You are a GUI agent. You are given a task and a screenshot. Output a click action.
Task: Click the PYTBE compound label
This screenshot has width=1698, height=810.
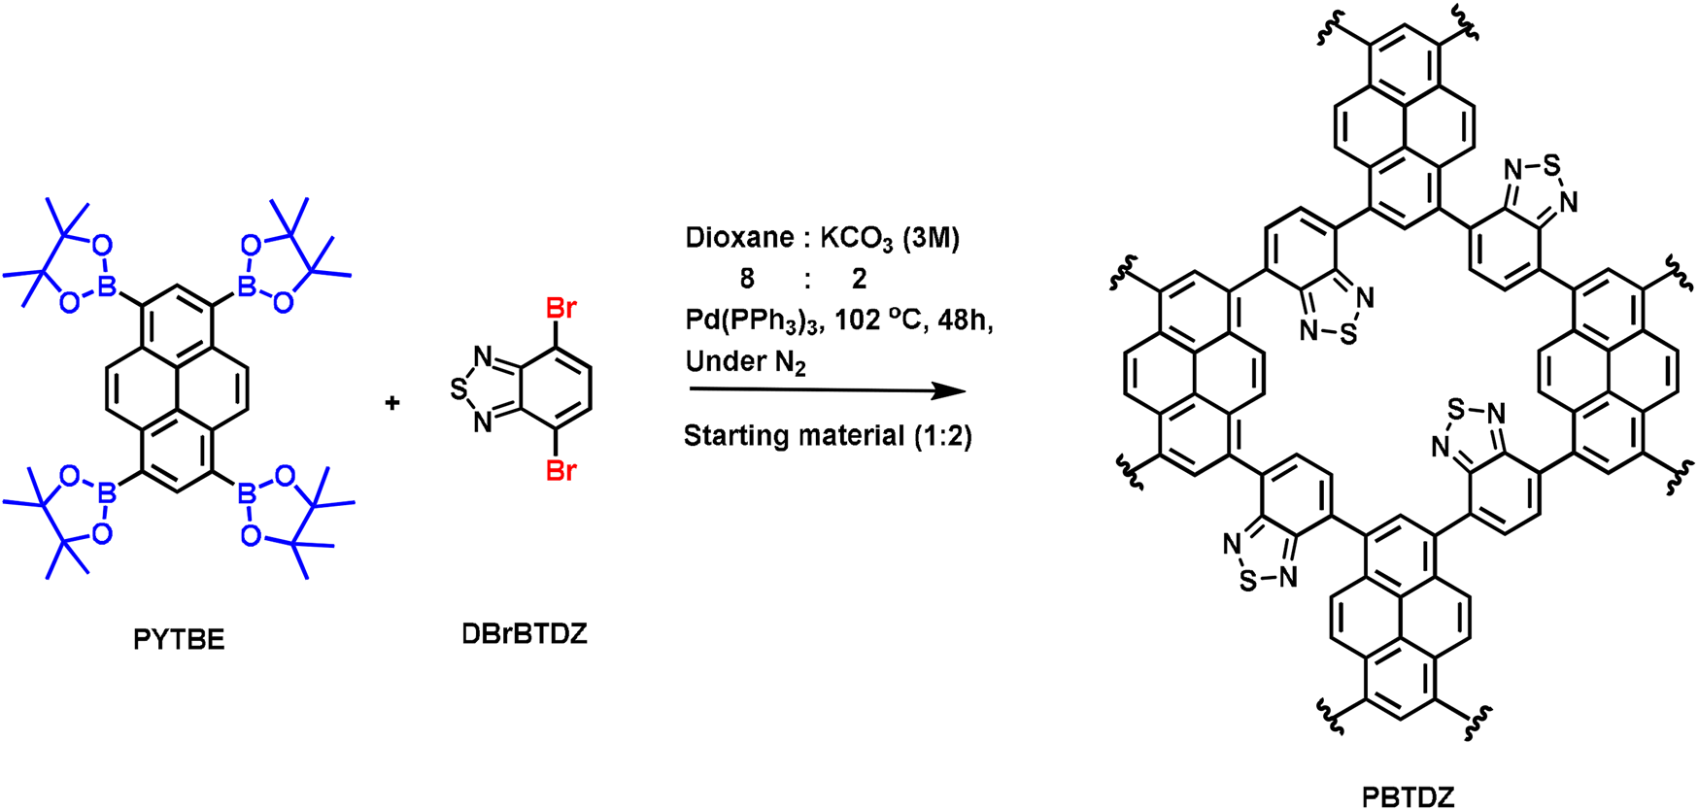point(179,639)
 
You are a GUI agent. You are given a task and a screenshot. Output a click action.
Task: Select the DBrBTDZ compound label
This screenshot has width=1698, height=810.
point(525,634)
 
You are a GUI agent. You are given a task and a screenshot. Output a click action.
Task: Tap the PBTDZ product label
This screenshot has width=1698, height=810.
point(1408,797)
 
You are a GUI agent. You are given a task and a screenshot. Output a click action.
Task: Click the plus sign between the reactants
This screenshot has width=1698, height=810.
point(392,402)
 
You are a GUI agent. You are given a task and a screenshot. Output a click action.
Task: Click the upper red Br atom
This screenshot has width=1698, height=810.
point(561,309)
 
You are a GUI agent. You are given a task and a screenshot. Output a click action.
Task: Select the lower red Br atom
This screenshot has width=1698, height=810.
point(561,471)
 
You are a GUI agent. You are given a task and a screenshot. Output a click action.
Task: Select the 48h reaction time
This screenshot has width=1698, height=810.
point(961,320)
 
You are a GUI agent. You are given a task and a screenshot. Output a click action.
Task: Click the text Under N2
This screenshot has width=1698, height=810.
point(745,362)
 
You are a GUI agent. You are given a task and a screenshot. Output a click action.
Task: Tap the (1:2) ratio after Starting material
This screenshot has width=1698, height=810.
point(941,436)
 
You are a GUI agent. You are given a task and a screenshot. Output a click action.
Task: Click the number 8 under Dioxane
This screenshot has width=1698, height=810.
point(746,280)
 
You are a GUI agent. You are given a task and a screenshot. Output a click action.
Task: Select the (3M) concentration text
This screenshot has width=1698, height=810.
point(931,239)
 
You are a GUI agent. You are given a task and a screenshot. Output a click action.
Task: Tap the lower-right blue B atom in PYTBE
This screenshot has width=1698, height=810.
point(247,494)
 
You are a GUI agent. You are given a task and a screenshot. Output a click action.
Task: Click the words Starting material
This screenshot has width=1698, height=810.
point(793,436)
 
